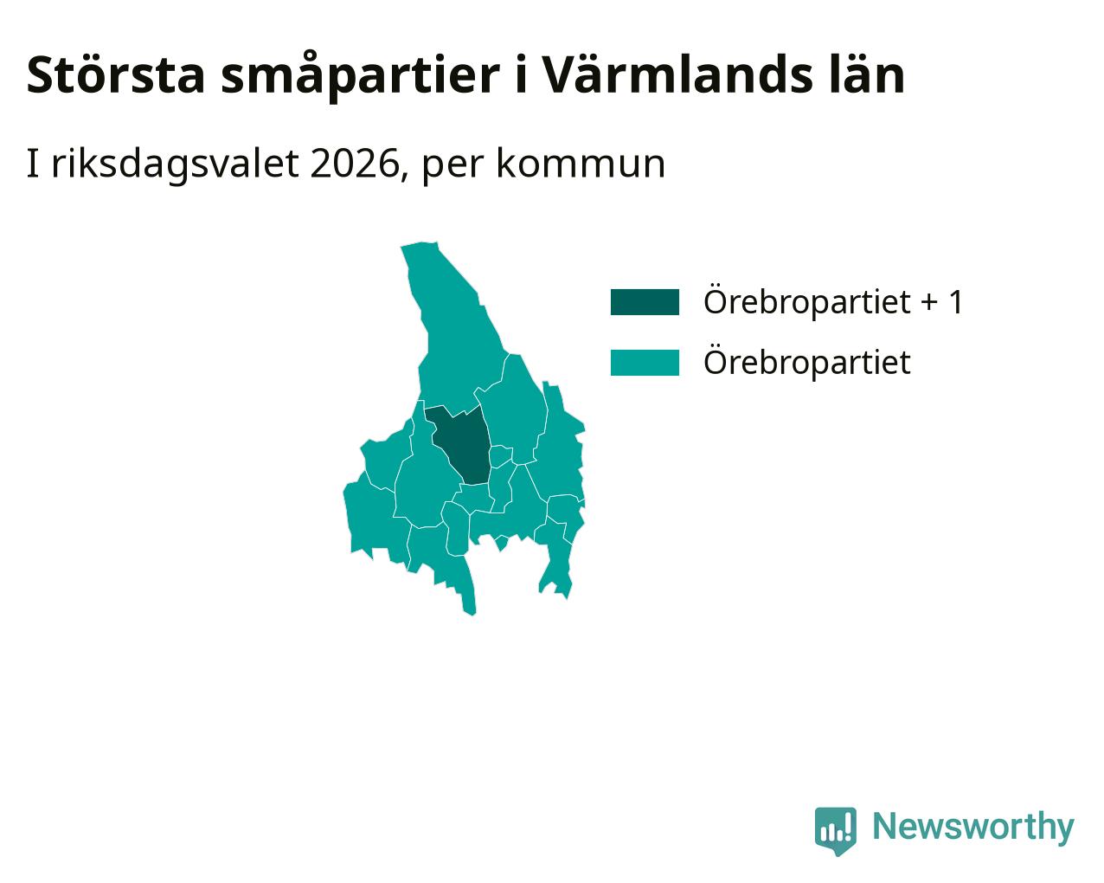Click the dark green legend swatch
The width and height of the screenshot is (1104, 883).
pyautogui.click(x=645, y=302)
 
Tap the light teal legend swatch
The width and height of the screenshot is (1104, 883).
pyautogui.click(x=645, y=363)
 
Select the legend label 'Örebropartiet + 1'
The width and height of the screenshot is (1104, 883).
pyautogui.click(x=834, y=301)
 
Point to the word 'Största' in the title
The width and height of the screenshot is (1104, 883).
pyautogui.click(x=116, y=75)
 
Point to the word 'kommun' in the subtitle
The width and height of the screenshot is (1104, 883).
pyautogui.click(x=581, y=164)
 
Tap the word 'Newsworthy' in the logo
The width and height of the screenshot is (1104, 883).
pyautogui.click(x=973, y=826)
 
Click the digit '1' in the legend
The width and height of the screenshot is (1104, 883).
pyautogui.click(x=955, y=301)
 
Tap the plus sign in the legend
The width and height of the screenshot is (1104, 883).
pyautogui.click(x=929, y=303)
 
